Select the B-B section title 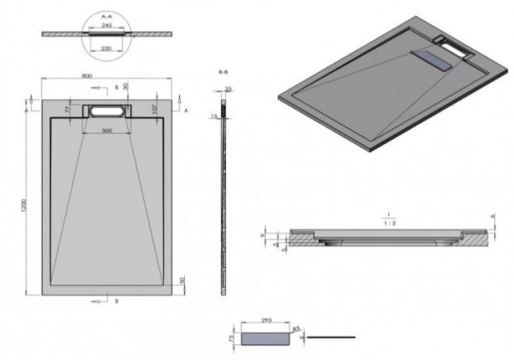(225, 71)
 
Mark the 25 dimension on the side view (229, 89)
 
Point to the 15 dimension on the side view (214, 116)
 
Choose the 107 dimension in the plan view (156, 108)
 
